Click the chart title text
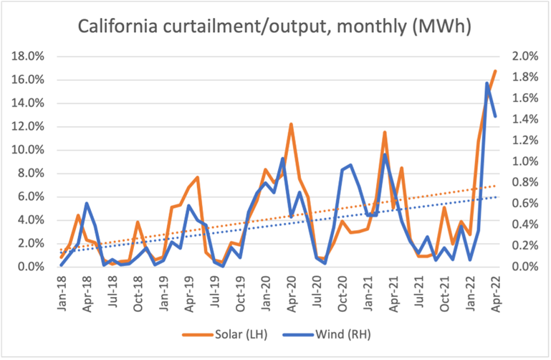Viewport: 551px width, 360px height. (x=276, y=28)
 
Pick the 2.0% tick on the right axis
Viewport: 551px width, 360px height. (x=522, y=56)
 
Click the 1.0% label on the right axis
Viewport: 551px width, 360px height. (x=522, y=161)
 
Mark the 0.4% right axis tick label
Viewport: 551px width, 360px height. (x=522, y=224)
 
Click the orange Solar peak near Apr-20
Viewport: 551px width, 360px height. (x=291, y=124)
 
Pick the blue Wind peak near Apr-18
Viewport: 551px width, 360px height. (x=87, y=204)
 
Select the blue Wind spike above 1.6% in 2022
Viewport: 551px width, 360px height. (x=487, y=83)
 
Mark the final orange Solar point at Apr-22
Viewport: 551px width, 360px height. (x=495, y=71)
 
